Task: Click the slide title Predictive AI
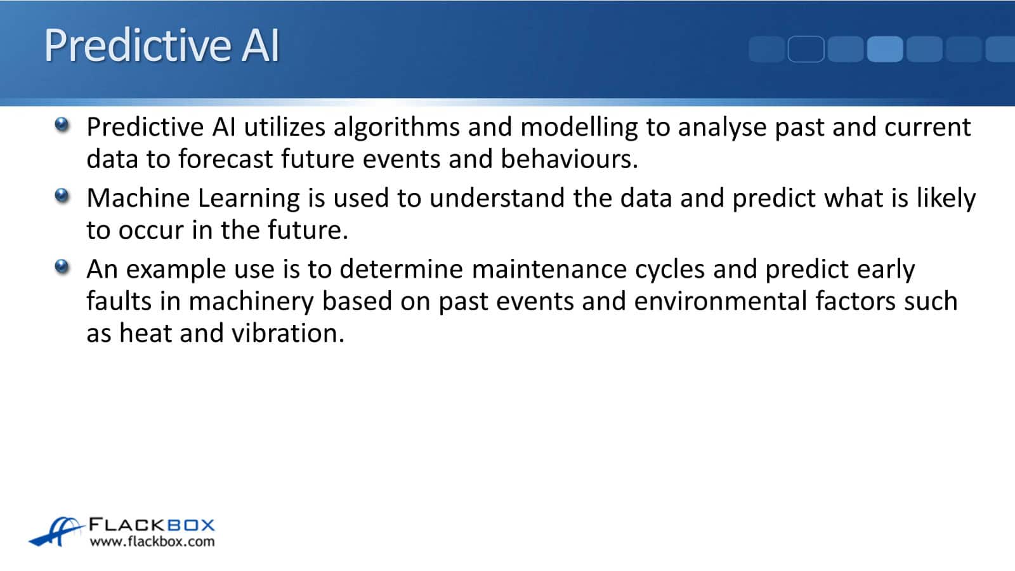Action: [x=162, y=45]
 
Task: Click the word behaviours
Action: [x=569, y=159]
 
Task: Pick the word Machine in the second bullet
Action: [x=138, y=198]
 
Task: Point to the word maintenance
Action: [x=549, y=269]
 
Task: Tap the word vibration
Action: [x=288, y=333]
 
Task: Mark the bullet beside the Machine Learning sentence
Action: [x=62, y=196]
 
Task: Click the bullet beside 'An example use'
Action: [x=62, y=267]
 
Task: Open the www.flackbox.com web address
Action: [x=152, y=542]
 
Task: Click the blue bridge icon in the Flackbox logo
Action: [x=56, y=531]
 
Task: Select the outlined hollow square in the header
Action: [x=806, y=49]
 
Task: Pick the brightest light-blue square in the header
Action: [x=885, y=49]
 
